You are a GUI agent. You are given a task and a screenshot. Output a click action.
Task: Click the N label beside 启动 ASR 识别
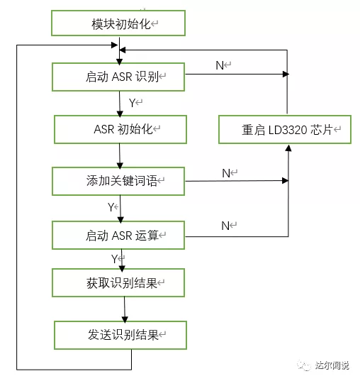pos(220,65)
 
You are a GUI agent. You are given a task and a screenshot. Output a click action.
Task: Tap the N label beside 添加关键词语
pos(226,173)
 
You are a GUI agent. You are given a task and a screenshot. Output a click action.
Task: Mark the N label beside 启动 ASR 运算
pos(225,226)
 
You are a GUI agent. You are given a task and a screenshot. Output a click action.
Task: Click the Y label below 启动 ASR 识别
pos(133,103)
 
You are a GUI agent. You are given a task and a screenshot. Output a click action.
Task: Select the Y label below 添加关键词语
pos(111,207)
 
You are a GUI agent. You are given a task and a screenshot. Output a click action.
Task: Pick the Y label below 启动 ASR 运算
pos(114,259)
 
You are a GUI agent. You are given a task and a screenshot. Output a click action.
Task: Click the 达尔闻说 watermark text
pos(332,365)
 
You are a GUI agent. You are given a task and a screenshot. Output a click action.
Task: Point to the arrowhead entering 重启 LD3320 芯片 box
pos(288,148)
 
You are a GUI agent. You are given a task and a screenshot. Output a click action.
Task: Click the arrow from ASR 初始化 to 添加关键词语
pos(120,156)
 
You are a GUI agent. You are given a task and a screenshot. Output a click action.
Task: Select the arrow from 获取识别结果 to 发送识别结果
pos(125,309)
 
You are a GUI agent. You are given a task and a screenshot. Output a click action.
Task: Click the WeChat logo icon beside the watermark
pos(304,365)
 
